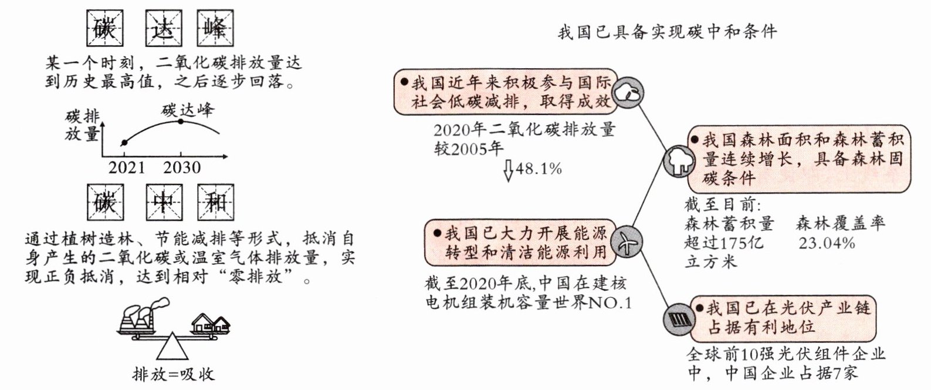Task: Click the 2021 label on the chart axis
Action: click(127, 167)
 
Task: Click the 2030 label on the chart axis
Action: click(181, 167)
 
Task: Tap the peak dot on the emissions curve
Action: click(181, 122)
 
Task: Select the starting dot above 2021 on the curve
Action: click(124, 143)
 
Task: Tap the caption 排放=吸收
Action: click(173, 374)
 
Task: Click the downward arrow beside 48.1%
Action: click(509, 170)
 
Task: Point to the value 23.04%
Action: click(827, 243)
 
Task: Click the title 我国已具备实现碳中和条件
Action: click(667, 31)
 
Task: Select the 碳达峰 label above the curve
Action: click(188, 110)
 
